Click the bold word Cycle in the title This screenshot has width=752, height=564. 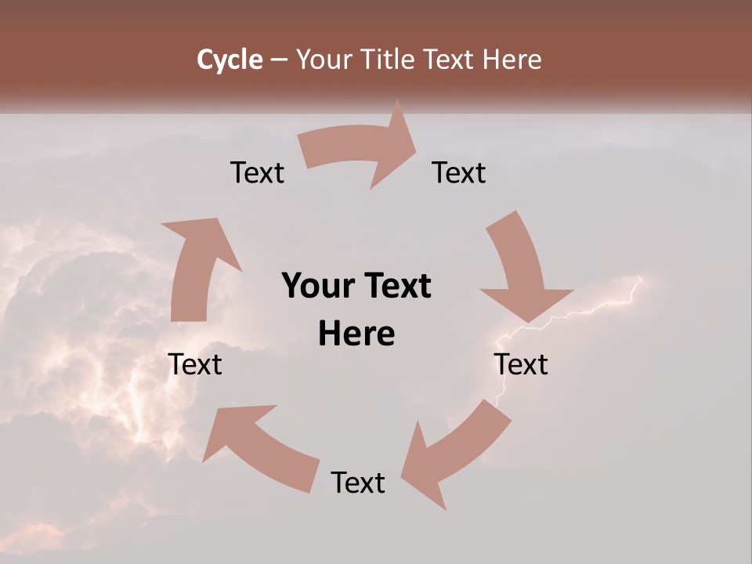tap(230, 60)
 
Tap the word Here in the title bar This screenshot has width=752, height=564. tap(511, 60)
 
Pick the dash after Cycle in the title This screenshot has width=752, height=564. tap(279, 60)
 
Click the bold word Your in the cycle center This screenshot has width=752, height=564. tap(316, 287)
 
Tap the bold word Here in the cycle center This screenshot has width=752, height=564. tap(356, 334)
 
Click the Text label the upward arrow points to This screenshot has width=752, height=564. tap(257, 173)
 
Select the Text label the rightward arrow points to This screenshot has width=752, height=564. tap(459, 173)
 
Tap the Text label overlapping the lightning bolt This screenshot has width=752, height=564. tap(521, 365)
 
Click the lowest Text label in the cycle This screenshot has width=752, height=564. tap(358, 483)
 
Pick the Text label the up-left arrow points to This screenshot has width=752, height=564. tap(195, 365)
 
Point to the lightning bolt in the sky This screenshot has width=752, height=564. tap(595, 306)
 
